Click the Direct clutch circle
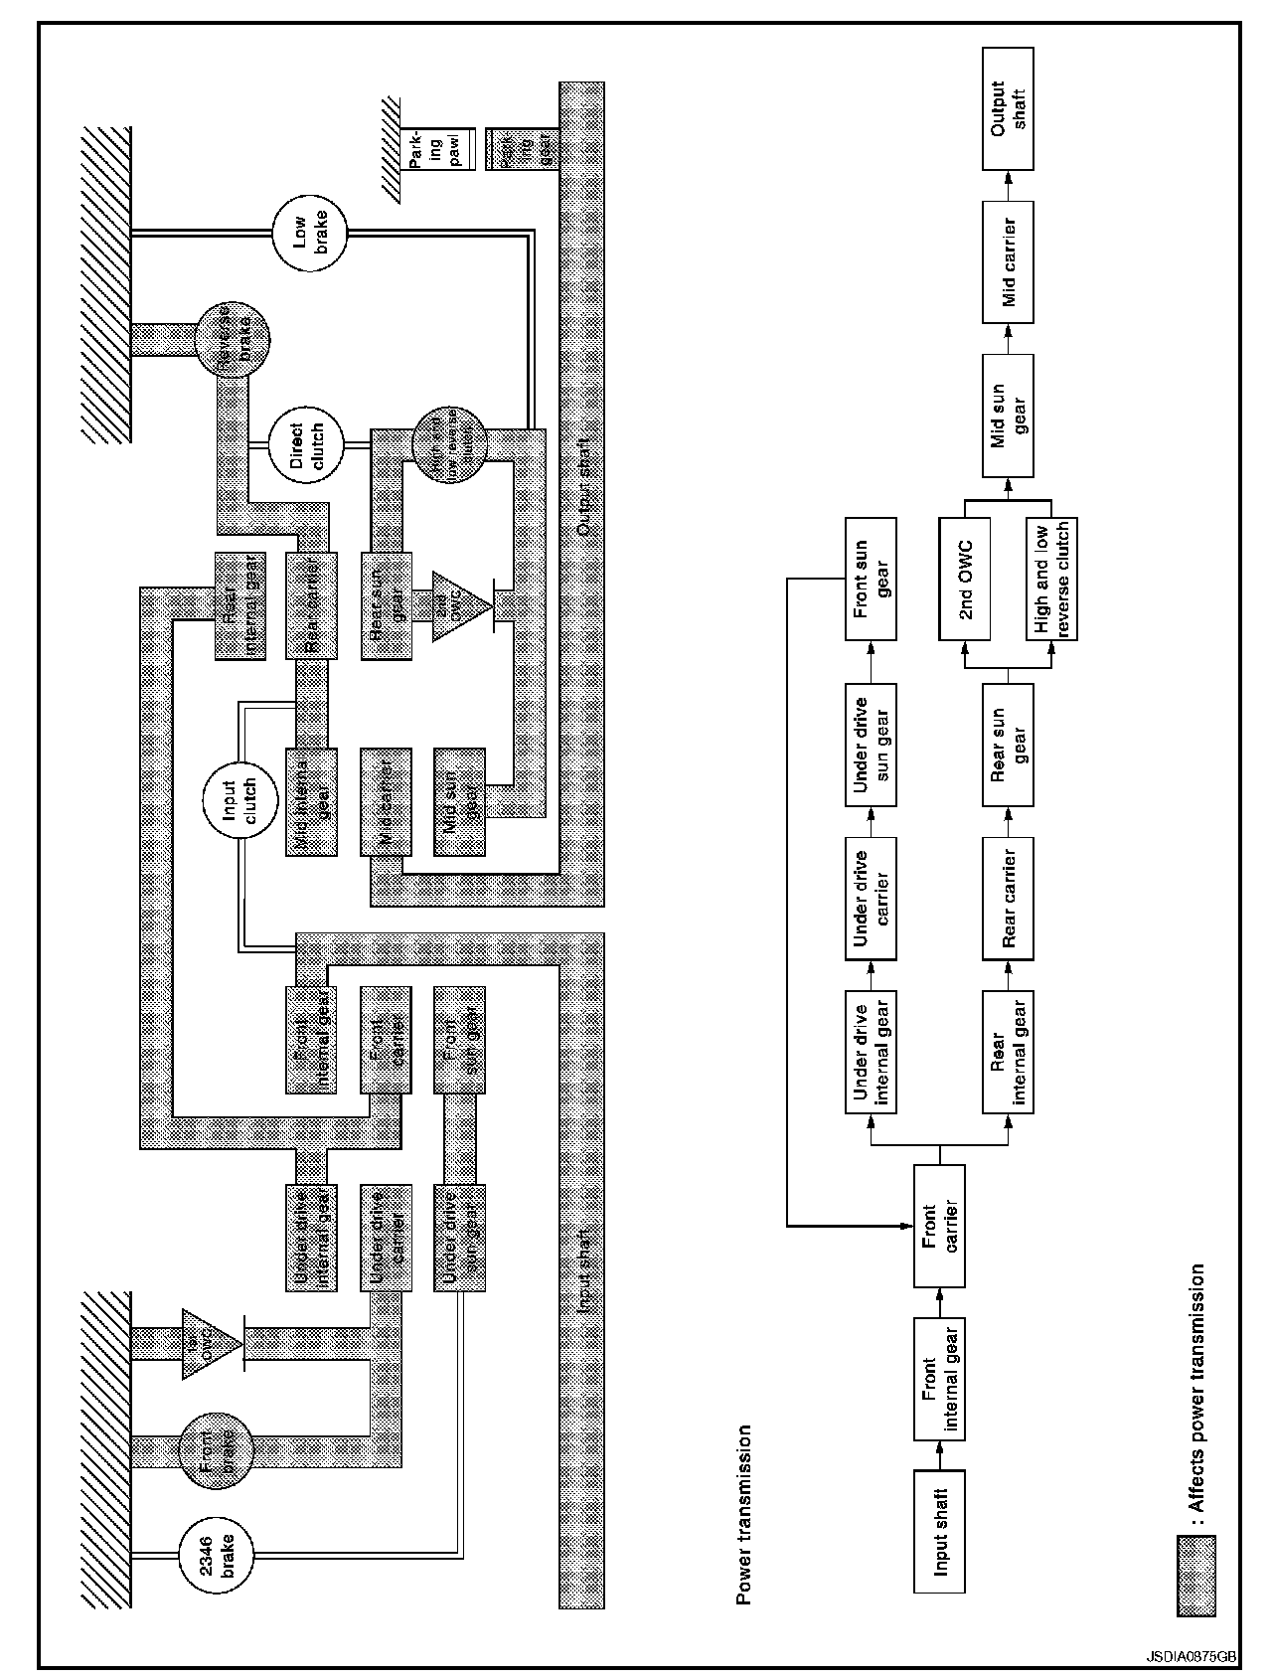[x=308, y=447]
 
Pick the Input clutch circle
[x=238, y=800]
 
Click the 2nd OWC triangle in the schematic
[x=460, y=606]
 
